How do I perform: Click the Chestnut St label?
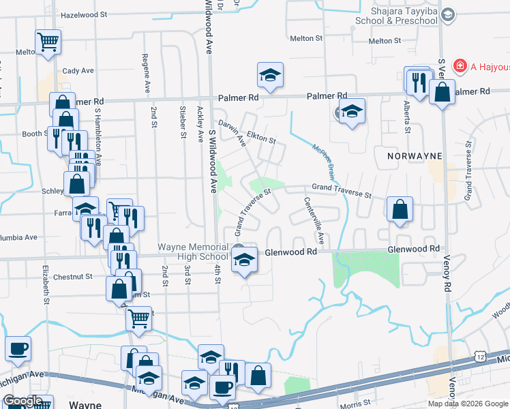point(72,277)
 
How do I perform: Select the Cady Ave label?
point(78,70)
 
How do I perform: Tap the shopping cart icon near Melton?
point(48,43)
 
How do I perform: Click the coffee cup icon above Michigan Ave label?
point(18,349)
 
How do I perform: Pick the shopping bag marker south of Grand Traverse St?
point(400,210)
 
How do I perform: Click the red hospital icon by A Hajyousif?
point(460,66)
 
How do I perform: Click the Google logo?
point(22,401)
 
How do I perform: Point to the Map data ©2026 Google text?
point(467,404)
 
